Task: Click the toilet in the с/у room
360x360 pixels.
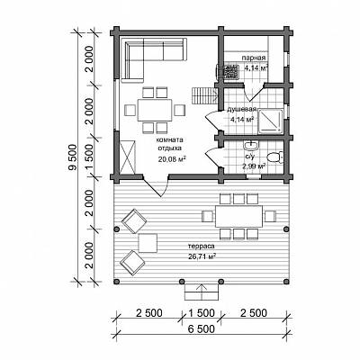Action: [274, 157]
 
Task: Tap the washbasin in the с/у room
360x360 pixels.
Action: [250, 146]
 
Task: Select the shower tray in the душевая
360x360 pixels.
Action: [270, 121]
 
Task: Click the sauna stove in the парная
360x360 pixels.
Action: [230, 71]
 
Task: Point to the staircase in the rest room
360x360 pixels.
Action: [204, 95]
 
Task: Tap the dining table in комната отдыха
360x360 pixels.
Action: [155, 110]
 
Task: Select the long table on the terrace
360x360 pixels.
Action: [238, 216]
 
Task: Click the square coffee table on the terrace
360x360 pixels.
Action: [148, 243]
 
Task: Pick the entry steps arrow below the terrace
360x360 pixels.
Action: [202, 291]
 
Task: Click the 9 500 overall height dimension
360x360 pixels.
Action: [73, 158]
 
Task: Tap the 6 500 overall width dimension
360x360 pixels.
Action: [202, 328]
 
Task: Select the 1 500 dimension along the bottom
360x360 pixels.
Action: [202, 313]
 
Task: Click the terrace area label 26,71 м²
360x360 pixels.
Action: [202, 256]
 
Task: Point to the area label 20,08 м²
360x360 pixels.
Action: [172, 158]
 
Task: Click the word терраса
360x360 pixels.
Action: [202, 247]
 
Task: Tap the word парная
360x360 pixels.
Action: [254, 58]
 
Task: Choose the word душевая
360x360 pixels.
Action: [242, 109]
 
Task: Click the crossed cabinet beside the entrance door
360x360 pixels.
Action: [127, 157]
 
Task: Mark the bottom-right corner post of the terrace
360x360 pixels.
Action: [286, 282]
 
